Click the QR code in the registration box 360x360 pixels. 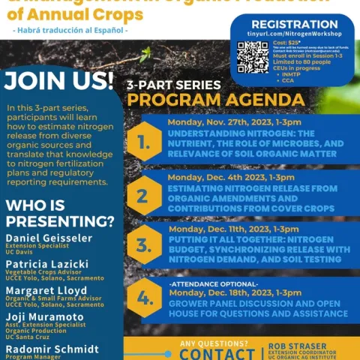[x=253, y=56]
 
